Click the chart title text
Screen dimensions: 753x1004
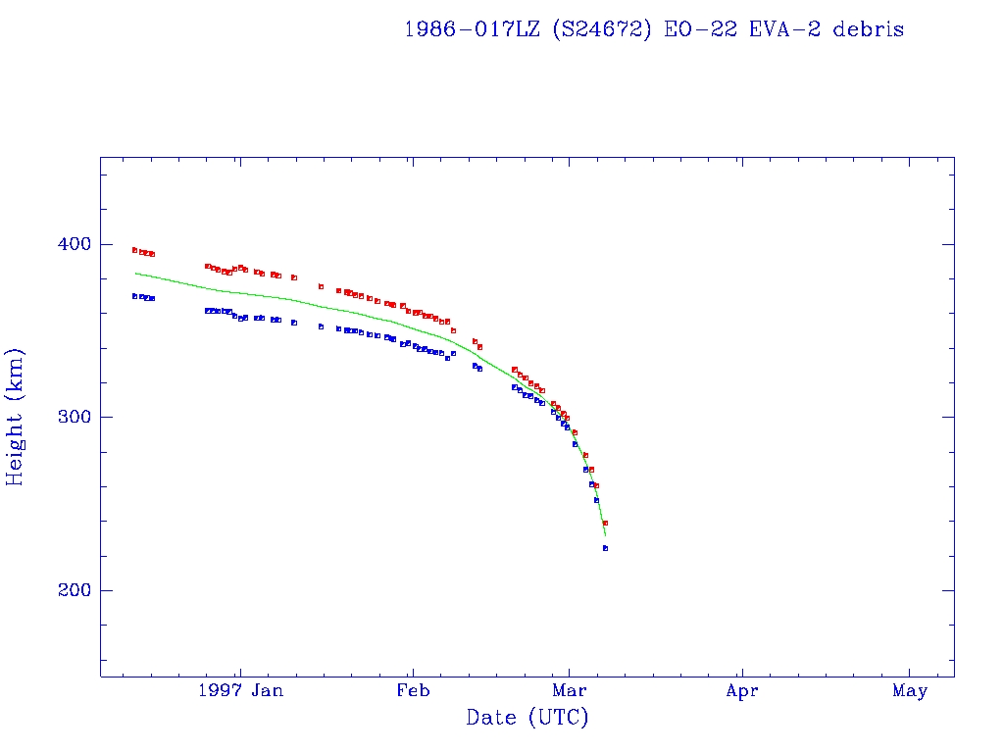[x=654, y=29]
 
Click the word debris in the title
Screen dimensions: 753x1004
[x=869, y=29]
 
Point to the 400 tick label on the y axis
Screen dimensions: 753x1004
[x=70, y=243]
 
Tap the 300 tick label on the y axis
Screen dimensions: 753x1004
[x=70, y=417]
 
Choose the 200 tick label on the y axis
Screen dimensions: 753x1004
[x=70, y=590]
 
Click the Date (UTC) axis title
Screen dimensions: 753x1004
[x=527, y=718]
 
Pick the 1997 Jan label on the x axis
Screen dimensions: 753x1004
[x=241, y=691]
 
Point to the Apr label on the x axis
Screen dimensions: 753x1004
[x=742, y=691]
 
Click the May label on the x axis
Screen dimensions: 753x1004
[x=910, y=691]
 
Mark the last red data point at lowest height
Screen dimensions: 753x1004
[x=605, y=523]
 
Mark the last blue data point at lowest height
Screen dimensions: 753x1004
[x=605, y=548]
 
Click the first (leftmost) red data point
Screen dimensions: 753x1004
[x=134, y=250]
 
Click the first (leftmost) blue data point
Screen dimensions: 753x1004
[x=134, y=295]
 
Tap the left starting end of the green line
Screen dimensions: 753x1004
[x=135, y=273]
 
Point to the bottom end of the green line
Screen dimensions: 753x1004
[x=605, y=535]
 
